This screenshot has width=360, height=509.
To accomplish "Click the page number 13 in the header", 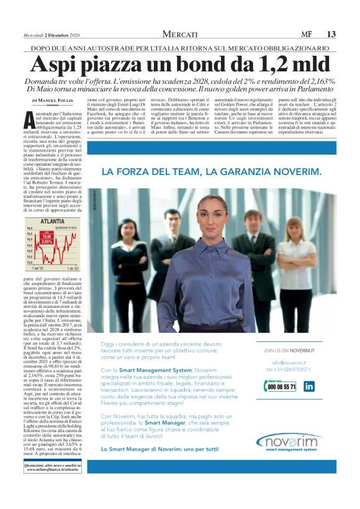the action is (x=331, y=34).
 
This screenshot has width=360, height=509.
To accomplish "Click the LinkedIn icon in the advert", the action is (x=308, y=386).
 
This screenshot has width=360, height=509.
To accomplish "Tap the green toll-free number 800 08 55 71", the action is (x=281, y=386).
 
